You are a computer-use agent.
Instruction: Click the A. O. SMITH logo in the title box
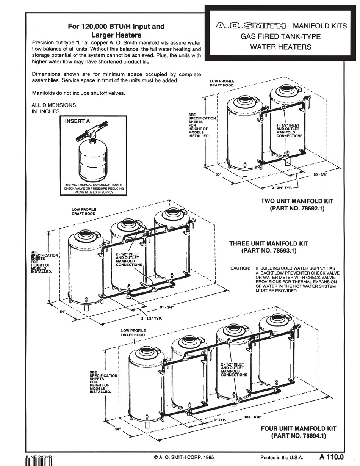coord(251,26)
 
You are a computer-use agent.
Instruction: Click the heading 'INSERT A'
coord(78,122)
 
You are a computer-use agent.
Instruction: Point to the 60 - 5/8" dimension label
coord(320,175)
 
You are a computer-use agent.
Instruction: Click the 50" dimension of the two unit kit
coord(218,174)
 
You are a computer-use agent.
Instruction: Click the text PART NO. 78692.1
coord(297,209)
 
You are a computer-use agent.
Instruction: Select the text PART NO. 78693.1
coord(269,251)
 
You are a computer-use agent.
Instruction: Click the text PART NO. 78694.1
coord(299,436)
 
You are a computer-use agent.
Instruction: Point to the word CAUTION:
coord(240,268)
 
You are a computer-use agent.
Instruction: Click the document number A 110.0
coord(331,457)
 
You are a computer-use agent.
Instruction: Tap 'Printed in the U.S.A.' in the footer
coord(282,457)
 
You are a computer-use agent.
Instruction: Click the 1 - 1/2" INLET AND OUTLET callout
coord(289,130)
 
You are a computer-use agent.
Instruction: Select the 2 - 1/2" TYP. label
coord(151,319)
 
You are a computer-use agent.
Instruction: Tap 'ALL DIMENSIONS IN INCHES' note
coord(54,108)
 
